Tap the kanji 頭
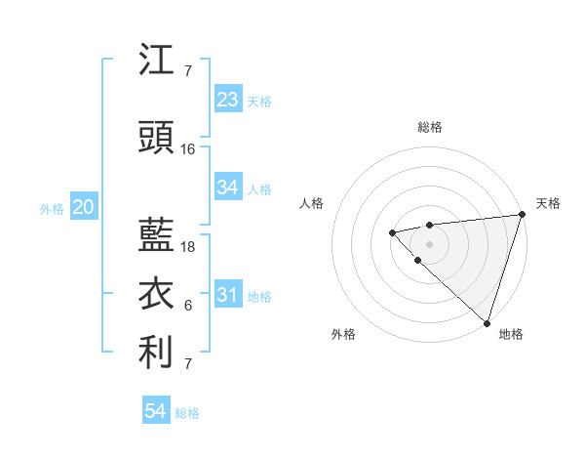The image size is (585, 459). click(x=157, y=138)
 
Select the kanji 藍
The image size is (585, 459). click(x=157, y=232)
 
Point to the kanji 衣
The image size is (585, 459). click(x=157, y=294)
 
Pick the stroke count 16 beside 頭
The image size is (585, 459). click(x=188, y=149)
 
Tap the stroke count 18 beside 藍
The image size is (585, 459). click(x=188, y=246)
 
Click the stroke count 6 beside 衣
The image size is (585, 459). click(x=188, y=306)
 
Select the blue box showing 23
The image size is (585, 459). click(x=227, y=100)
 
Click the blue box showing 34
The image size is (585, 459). click(x=227, y=188)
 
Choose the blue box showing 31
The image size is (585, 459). click(x=227, y=295)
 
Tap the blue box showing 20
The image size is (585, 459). click(x=84, y=207)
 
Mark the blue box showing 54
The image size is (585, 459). click(x=155, y=411)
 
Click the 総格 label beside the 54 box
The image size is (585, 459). click(x=187, y=413)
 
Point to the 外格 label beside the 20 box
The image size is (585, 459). click(x=52, y=209)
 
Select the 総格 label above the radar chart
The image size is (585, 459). click(x=429, y=127)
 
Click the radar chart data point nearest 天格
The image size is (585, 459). click(x=522, y=216)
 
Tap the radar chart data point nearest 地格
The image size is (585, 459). click(x=487, y=322)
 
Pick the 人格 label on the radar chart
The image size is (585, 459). click(x=311, y=203)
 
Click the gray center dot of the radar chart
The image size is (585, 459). click(x=429, y=243)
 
